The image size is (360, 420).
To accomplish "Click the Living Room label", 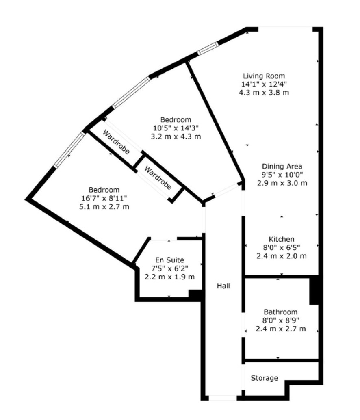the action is coord(264,76).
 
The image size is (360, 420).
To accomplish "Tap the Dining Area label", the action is coord(282,167).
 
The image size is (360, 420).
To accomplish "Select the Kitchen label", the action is coord(282,239).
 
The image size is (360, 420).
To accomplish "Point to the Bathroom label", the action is coord(281,312).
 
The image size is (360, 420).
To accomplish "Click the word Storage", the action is coord(265,378).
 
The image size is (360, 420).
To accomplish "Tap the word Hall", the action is coord(223,286).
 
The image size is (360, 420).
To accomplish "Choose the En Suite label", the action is coord(169,260).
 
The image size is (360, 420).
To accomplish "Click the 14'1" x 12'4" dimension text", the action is coord(264,84).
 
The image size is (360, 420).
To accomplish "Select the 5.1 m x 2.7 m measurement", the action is coord(104,207).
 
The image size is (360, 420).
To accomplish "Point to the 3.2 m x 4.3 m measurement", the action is coord(176,136).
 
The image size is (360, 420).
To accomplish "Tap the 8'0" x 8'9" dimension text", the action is coord(281,320).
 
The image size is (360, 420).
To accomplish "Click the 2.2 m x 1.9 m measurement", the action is coord(169,277).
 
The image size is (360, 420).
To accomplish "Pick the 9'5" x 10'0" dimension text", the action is coord(282,175).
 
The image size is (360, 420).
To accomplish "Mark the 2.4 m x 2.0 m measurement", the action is coord(282,256).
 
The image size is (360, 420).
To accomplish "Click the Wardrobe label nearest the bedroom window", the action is coord(116,142).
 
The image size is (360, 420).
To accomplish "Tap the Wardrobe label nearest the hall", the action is coord(158,178).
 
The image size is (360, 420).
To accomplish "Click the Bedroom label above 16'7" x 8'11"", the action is coord(104,190).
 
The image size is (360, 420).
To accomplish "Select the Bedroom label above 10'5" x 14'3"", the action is coord(176,120).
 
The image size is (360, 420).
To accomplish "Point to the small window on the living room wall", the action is coord(208,48).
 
